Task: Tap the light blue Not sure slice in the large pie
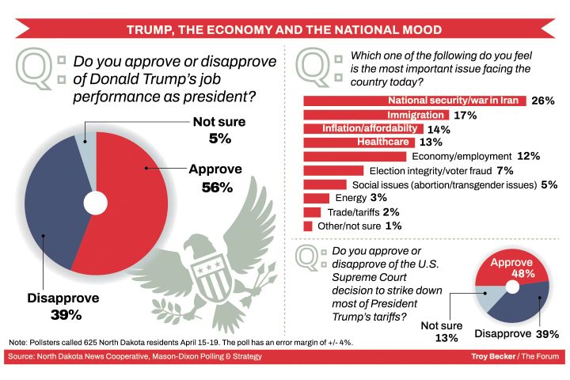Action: click(87, 146)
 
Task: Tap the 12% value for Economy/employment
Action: click(528, 157)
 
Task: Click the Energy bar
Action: click(317, 198)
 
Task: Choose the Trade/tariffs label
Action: click(354, 212)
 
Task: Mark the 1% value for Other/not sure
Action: click(393, 226)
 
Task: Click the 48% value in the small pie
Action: click(513, 274)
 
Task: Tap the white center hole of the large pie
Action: click(95, 203)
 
